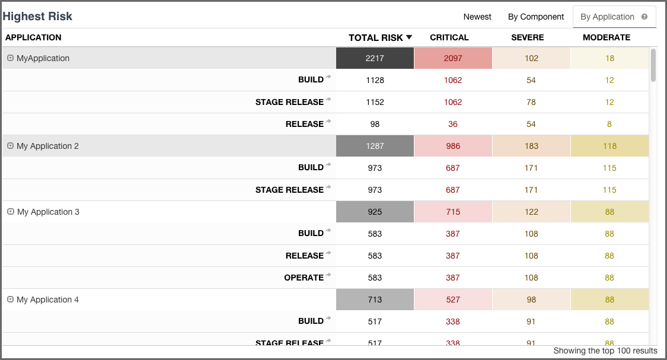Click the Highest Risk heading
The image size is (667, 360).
[x=37, y=16]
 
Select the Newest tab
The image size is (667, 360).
[x=477, y=17]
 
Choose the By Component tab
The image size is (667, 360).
[x=536, y=17]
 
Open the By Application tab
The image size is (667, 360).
[x=607, y=17]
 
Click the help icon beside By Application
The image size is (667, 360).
[x=644, y=17]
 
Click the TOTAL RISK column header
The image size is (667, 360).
[x=375, y=37]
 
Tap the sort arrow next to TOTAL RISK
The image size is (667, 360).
[x=409, y=37]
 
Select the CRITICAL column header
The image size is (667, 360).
[x=449, y=37]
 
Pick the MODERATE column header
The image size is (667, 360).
[x=607, y=37]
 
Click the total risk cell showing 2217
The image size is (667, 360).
[x=375, y=58]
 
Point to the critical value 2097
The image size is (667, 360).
[x=453, y=58]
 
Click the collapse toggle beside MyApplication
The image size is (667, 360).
[x=10, y=58]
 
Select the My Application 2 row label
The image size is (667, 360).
[x=47, y=146]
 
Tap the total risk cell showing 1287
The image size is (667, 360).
[x=375, y=146]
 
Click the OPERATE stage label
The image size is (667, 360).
[x=304, y=278]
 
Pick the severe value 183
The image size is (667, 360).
[x=531, y=146]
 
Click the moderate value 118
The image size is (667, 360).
[x=609, y=146]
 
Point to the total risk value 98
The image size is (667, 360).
[x=375, y=124]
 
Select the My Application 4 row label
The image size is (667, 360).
[x=47, y=300]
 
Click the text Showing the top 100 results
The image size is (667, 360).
[x=605, y=351]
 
